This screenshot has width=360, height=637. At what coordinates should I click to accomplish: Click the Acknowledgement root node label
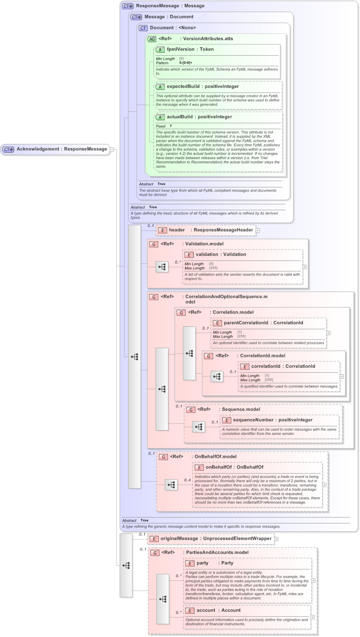click(x=38, y=149)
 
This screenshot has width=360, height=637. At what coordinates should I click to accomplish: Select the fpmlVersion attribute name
click(x=180, y=49)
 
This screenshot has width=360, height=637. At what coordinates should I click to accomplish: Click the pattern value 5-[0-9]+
click(x=186, y=63)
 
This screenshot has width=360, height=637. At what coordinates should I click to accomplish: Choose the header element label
click(x=177, y=230)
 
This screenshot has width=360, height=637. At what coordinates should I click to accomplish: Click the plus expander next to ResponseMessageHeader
click(x=258, y=230)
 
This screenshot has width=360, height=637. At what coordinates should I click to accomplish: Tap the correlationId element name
click(x=265, y=366)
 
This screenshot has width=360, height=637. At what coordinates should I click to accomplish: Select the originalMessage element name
click(x=179, y=539)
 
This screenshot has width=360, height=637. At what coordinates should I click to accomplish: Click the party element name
click(x=203, y=563)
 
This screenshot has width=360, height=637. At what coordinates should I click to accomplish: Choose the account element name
click(x=206, y=610)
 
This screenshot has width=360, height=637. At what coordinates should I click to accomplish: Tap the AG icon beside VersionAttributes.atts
click(x=152, y=39)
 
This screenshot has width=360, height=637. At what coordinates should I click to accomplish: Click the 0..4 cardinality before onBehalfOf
click(x=187, y=480)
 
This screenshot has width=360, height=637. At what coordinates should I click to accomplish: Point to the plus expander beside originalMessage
click(x=276, y=539)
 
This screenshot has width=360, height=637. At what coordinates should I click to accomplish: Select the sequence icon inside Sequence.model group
click(x=198, y=427)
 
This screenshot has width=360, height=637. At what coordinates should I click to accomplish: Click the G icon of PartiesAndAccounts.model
click(x=155, y=553)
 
